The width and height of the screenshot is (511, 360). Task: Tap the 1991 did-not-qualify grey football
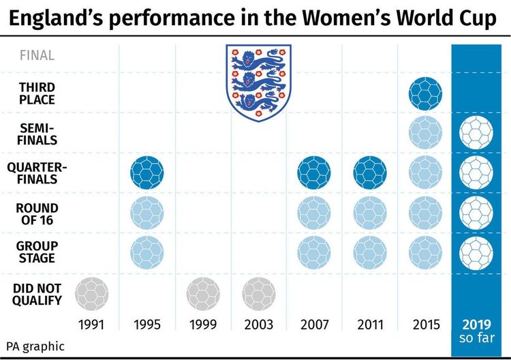tap(91, 295)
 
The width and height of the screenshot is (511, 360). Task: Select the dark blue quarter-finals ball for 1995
tap(147, 172)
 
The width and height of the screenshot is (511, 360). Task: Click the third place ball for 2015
tap(426, 94)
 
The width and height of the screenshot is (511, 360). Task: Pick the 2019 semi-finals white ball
tap(476, 134)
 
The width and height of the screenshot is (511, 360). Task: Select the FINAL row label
tap(37, 56)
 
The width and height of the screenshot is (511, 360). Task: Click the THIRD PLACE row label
tap(37, 94)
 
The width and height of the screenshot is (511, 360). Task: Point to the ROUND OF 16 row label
tap(37, 214)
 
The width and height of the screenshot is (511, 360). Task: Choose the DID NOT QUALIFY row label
tap(37, 294)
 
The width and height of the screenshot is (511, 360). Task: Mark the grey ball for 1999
tap(203, 295)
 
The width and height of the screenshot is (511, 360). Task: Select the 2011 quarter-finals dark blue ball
tap(370, 172)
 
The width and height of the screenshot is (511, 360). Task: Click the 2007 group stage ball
tap(314, 252)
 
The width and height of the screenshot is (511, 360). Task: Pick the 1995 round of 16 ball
tap(147, 213)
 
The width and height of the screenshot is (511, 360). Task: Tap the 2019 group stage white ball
tap(476, 252)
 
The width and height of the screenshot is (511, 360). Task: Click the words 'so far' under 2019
tap(476, 338)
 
